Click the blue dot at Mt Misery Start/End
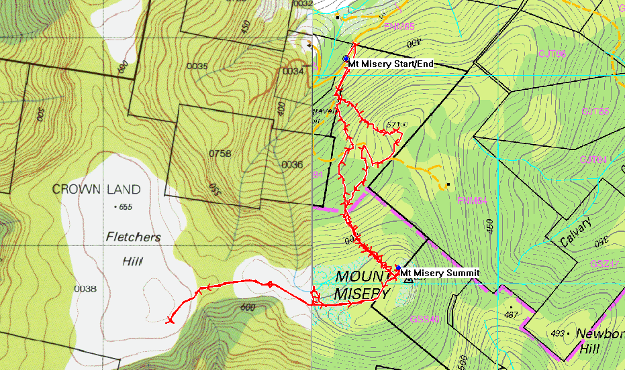click(346, 59)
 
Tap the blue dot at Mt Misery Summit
click(398, 267)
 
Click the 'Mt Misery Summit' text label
click(440, 273)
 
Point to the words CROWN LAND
click(97, 190)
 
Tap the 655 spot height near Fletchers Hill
click(123, 207)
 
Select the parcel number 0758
click(220, 153)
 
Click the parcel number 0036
click(292, 164)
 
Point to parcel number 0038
click(85, 289)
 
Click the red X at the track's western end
click(169, 320)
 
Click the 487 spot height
click(512, 314)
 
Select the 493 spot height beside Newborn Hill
click(557, 333)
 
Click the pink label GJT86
click(552, 54)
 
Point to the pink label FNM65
click(399, 26)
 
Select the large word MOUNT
click(363, 277)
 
